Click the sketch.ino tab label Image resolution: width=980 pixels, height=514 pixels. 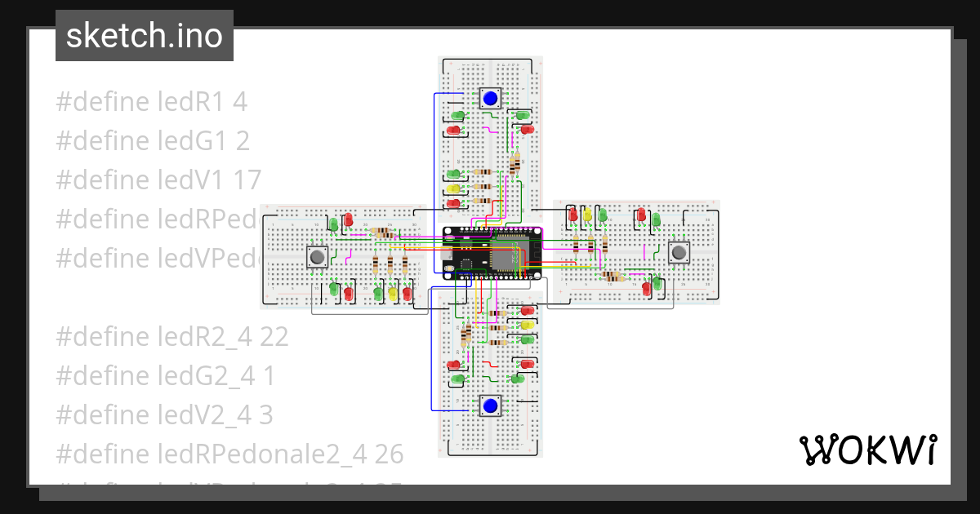tap(145, 36)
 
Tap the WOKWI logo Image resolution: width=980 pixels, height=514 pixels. tap(867, 450)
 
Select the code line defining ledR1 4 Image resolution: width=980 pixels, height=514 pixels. tap(151, 102)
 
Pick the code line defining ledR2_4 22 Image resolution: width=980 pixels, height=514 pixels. tap(172, 337)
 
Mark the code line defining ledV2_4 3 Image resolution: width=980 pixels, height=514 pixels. tap(164, 415)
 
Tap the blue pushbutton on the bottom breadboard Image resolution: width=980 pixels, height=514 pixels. tap(490, 405)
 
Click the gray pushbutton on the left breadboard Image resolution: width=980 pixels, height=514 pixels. tap(318, 257)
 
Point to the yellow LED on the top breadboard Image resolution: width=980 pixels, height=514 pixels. tap(454, 188)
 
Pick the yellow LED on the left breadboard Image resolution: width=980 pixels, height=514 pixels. tap(393, 291)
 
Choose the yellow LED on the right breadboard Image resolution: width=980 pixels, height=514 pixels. tap(587, 215)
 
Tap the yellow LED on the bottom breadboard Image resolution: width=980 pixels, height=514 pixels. tap(527, 325)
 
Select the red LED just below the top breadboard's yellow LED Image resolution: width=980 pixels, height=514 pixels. tap(454, 202)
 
